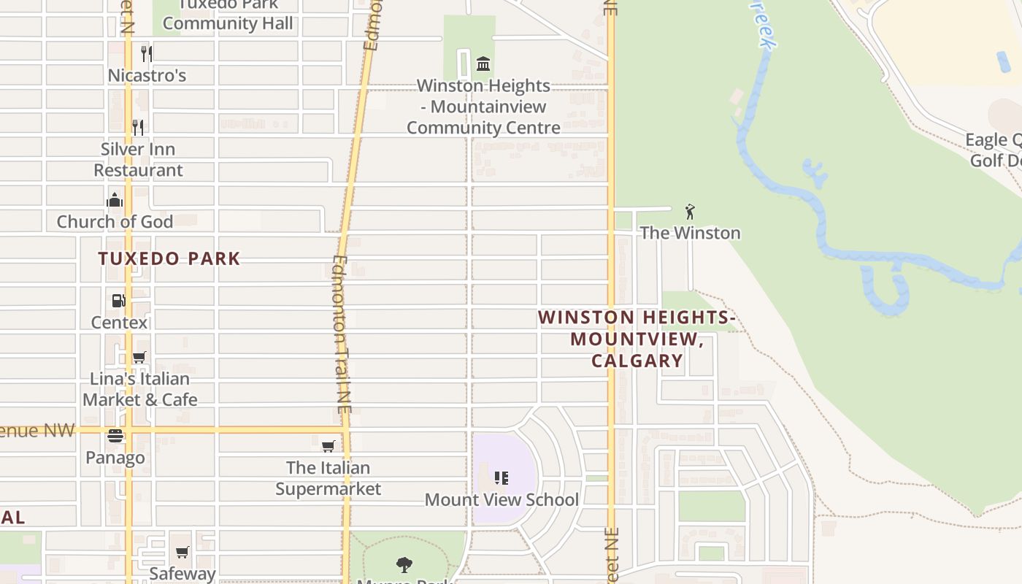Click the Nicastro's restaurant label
147,75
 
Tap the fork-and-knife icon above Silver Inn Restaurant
138,128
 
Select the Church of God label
115,221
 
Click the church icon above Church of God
115,200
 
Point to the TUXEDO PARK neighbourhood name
169,258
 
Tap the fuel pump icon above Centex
118,300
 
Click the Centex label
119,322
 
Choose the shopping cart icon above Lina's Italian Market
139,357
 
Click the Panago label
115,458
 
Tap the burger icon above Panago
115,437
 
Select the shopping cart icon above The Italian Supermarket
328,446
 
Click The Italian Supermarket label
328,478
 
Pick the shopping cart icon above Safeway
182,553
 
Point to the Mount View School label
502,500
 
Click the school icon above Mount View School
501,478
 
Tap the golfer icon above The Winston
690,212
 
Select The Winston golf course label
690,233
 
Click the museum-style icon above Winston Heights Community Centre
483,64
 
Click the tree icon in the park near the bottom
404,564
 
